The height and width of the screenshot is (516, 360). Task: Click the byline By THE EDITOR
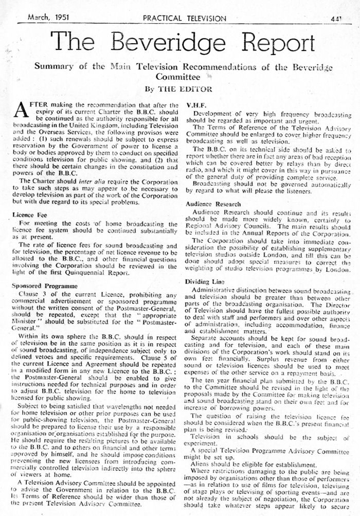[178, 88]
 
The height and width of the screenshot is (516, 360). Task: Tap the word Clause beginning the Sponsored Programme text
[39, 293]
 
